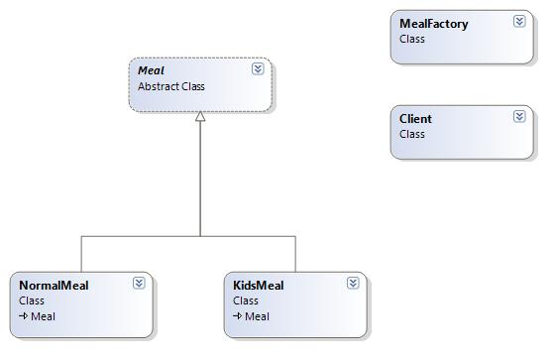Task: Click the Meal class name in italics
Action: [x=151, y=70]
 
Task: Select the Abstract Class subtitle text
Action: [x=171, y=86]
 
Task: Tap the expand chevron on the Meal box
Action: [x=258, y=68]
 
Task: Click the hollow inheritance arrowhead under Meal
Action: [x=200, y=116]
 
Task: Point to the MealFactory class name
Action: [x=434, y=24]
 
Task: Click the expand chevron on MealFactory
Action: [x=519, y=21]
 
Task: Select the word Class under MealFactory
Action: [x=412, y=39]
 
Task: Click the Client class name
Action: [x=415, y=119]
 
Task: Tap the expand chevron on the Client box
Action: [x=519, y=116]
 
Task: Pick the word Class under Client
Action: [x=412, y=134]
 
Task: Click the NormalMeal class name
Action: [x=54, y=286]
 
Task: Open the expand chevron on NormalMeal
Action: [x=139, y=283]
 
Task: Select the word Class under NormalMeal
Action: [x=32, y=300]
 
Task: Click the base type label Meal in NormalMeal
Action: [x=44, y=316]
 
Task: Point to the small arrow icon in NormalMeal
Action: [x=24, y=315]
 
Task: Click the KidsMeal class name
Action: [x=259, y=286]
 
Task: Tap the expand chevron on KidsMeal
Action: [x=353, y=283]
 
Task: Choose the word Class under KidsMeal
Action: [x=246, y=300]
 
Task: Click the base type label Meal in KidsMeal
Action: [x=258, y=316]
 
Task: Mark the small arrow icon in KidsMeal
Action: [x=238, y=315]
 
